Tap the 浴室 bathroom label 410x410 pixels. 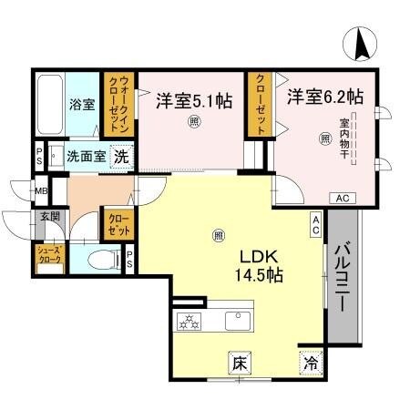click(x=83, y=103)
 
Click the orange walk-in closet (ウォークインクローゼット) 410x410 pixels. click(x=118, y=105)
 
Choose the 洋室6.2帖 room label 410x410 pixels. click(x=326, y=95)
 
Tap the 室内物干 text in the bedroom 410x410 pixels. click(x=345, y=138)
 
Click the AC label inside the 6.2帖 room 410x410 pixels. click(x=343, y=198)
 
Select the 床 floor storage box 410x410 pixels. click(x=240, y=363)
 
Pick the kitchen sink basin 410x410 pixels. click(x=238, y=320)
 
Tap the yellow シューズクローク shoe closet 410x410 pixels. click(x=47, y=255)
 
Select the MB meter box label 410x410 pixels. click(x=42, y=191)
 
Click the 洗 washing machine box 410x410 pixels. click(x=120, y=156)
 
